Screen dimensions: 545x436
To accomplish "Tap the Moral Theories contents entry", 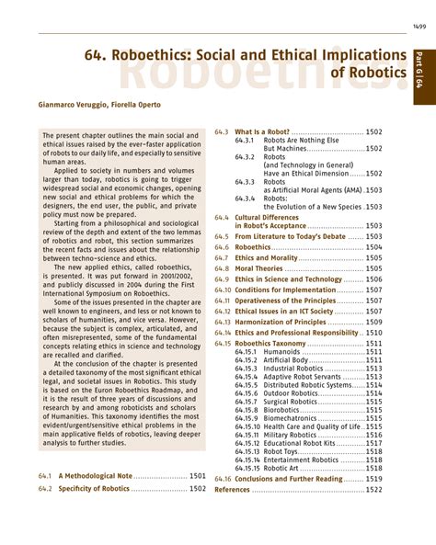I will click(x=258, y=269).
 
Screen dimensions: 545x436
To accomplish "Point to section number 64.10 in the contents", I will click(x=222, y=290).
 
